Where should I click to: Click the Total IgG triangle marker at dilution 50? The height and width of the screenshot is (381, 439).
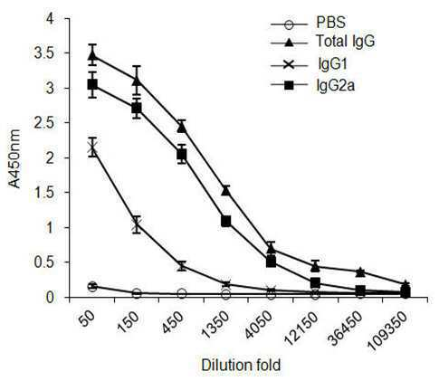click(x=92, y=55)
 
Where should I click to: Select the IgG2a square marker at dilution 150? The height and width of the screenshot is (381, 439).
click(x=137, y=108)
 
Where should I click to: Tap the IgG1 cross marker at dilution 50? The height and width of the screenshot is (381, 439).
click(x=92, y=148)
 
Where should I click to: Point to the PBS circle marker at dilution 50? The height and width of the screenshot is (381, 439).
click(x=92, y=287)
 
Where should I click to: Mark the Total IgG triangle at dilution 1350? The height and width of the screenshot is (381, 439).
click(x=226, y=190)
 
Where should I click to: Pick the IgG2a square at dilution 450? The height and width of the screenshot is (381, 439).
click(x=182, y=155)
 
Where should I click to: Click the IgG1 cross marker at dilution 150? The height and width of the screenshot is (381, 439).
click(x=137, y=224)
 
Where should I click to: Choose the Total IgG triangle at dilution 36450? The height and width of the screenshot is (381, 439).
click(x=360, y=272)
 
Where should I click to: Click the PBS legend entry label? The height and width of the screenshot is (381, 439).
click(x=331, y=23)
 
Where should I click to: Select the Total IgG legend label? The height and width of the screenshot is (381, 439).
click(x=345, y=41)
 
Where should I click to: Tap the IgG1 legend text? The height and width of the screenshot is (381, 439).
click(x=331, y=64)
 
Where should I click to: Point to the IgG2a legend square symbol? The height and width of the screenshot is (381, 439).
click(x=290, y=86)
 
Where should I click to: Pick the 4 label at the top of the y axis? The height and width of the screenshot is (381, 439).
click(x=50, y=19)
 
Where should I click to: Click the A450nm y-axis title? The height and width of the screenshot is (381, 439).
click(x=14, y=158)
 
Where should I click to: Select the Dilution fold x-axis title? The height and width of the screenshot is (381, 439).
click(x=241, y=366)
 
